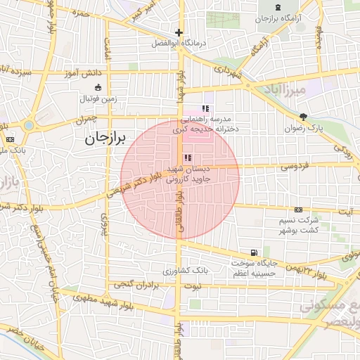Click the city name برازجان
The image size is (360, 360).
(x=105, y=139)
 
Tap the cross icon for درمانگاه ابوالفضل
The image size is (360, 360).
(x=179, y=32)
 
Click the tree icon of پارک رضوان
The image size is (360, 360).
(x=303, y=117)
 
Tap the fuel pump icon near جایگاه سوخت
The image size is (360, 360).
(x=252, y=252)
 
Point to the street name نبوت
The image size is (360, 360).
(x=191, y=286)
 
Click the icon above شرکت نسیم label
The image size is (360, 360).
(x=299, y=210)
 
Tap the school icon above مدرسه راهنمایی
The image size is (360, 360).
(x=205, y=108)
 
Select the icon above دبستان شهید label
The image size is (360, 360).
(x=186, y=158)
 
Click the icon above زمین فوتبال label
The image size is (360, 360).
(x=98, y=88)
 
